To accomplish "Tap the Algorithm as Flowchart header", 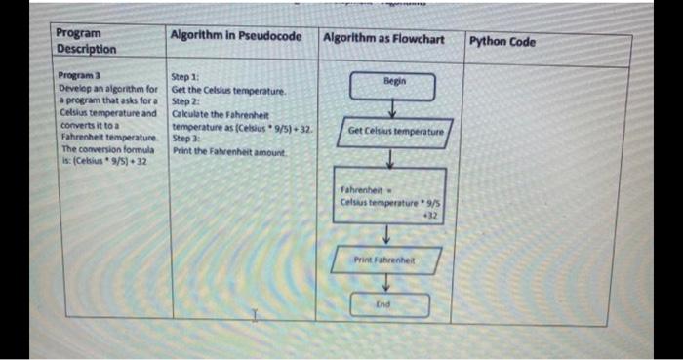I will [382, 39].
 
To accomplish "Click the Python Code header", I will [502, 42].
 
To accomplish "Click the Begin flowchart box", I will [392, 82].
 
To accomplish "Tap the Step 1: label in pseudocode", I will [185, 75].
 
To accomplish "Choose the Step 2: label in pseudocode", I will [185, 100].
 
